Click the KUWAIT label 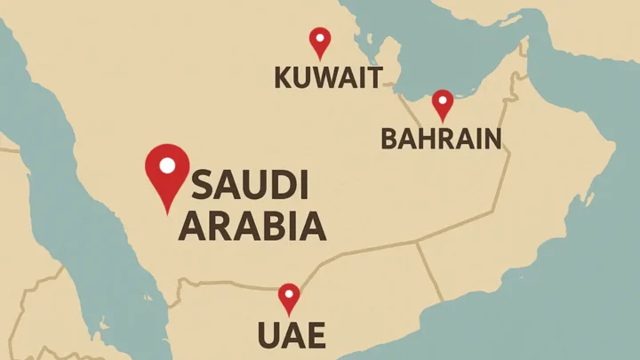pyautogui.click(x=328, y=77)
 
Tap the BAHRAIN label pyautogui.click(x=441, y=138)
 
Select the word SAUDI pyautogui.click(x=250, y=186)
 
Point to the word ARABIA pyautogui.click(x=252, y=227)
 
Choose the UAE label pyautogui.click(x=291, y=335)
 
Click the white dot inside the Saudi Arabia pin pyautogui.click(x=167, y=165)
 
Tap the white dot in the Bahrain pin pyautogui.click(x=442, y=100)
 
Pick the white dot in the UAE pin pyautogui.click(x=289, y=293)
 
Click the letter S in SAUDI pyautogui.click(x=204, y=186)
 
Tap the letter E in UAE pyautogui.click(x=315, y=335)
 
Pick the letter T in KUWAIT pyautogui.click(x=373, y=77)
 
